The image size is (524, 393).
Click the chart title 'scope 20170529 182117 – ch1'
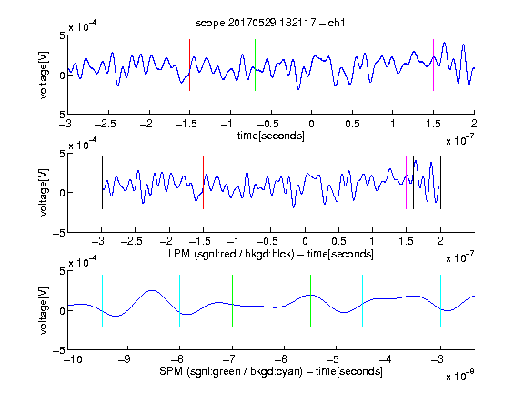click(270, 23)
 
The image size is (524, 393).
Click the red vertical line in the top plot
click(189, 65)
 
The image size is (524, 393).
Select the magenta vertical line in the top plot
click(433, 65)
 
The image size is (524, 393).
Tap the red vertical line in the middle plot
click(203, 183)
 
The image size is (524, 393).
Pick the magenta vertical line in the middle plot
click(406, 183)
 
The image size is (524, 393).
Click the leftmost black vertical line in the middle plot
click(102, 183)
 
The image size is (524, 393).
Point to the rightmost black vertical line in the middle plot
click(441, 183)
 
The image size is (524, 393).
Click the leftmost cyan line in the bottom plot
click(102, 300)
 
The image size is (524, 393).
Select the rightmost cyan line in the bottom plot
click(441, 300)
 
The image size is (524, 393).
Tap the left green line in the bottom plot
click(232, 300)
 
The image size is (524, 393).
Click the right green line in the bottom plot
click(311, 300)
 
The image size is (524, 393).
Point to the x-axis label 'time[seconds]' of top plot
click(271, 136)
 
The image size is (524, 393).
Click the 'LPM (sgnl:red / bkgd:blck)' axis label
click(231, 254)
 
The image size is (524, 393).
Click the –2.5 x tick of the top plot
click(106, 124)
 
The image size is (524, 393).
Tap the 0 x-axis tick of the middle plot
click(305, 241)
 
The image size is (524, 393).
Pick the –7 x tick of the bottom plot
click(229, 359)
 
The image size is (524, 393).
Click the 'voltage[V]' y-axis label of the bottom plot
click(44, 310)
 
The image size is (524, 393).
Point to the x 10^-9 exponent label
click(460, 376)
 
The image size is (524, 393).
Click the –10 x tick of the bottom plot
click(73, 359)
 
